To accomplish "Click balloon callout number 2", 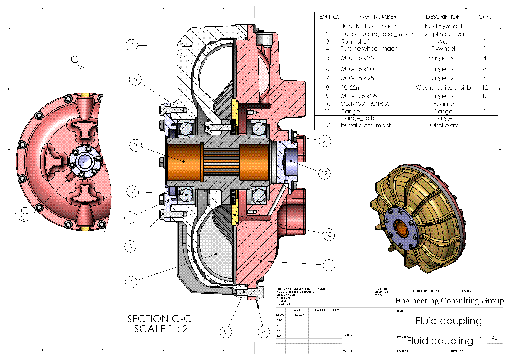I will (x=132, y=45).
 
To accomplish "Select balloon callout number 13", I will (x=328, y=234).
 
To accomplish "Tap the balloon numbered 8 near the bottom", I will (x=263, y=332).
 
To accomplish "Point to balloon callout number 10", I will (x=132, y=191).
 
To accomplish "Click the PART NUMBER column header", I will (x=378, y=17).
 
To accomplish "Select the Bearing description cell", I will (x=443, y=104).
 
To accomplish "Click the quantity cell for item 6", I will (x=485, y=69).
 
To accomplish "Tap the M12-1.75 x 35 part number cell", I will (x=359, y=96).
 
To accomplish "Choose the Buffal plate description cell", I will (x=443, y=126).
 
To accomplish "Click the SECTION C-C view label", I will (x=159, y=319).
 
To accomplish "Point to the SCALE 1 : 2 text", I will (x=161, y=329).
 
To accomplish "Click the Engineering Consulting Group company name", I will (x=449, y=301).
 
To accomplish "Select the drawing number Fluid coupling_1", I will (x=445, y=341).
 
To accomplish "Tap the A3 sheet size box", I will (x=494, y=338).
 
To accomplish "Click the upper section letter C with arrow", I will (x=75, y=60).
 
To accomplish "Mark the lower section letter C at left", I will (x=25, y=211).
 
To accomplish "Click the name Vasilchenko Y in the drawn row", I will (x=297, y=315).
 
